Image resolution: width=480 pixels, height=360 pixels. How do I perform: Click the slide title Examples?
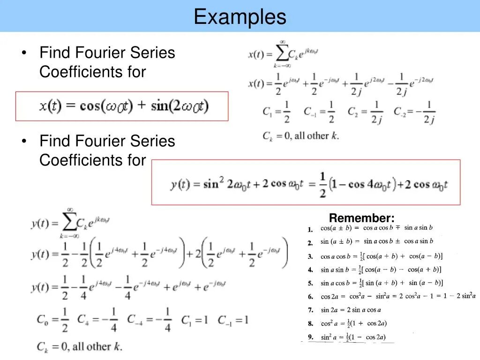(240, 17)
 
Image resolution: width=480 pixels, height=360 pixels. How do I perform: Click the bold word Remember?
(361, 218)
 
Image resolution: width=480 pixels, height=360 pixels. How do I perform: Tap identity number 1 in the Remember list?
(310, 230)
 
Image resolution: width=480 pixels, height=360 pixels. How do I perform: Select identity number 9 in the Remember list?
(310, 337)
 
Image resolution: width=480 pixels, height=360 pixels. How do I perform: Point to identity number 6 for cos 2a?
(310, 297)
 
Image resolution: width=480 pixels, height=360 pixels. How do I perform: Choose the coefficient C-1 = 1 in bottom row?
(232, 321)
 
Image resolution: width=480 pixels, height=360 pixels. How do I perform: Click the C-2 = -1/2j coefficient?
(414, 112)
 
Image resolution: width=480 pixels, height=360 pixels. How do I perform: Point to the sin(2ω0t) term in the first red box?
(180, 106)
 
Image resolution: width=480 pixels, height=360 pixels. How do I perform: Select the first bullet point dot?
(23, 52)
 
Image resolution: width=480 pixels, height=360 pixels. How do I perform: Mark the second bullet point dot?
(23, 141)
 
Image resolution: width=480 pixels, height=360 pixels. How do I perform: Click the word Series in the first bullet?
(153, 52)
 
